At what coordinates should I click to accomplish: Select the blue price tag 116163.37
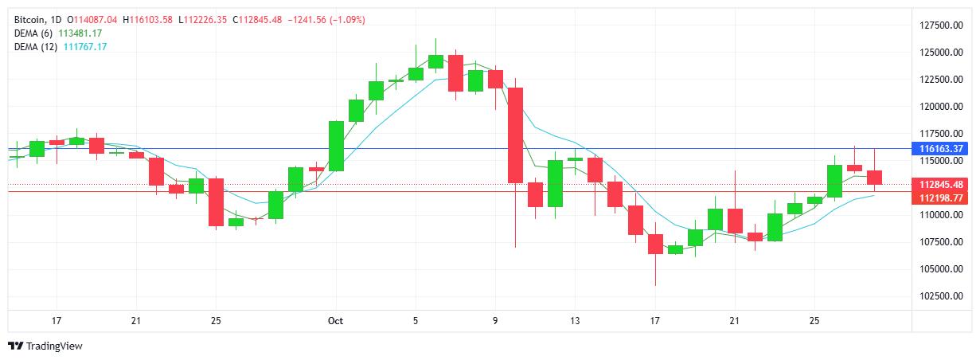pyautogui.click(x=942, y=149)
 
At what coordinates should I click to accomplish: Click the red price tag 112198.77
pyautogui.click(x=942, y=198)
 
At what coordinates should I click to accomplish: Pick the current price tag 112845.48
pyautogui.click(x=942, y=185)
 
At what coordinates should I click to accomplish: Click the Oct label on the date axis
pyautogui.click(x=335, y=321)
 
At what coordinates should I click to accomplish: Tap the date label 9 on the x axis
pyautogui.click(x=495, y=321)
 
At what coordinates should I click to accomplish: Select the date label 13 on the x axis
pyautogui.click(x=575, y=321)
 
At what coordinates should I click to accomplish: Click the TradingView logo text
pyautogui.click(x=54, y=346)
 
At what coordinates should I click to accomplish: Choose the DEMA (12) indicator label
pyautogui.click(x=37, y=47)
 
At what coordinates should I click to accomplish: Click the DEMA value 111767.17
pyautogui.click(x=85, y=47)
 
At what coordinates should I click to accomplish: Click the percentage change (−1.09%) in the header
pyautogui.click(x=345, y=19)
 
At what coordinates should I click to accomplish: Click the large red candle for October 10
pyautogui.click(x=515, y=135)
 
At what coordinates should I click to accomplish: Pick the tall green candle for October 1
pyautogui.click(x=336, y=146)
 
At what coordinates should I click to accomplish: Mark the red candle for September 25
pyautogui.click(x=216, y=202)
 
